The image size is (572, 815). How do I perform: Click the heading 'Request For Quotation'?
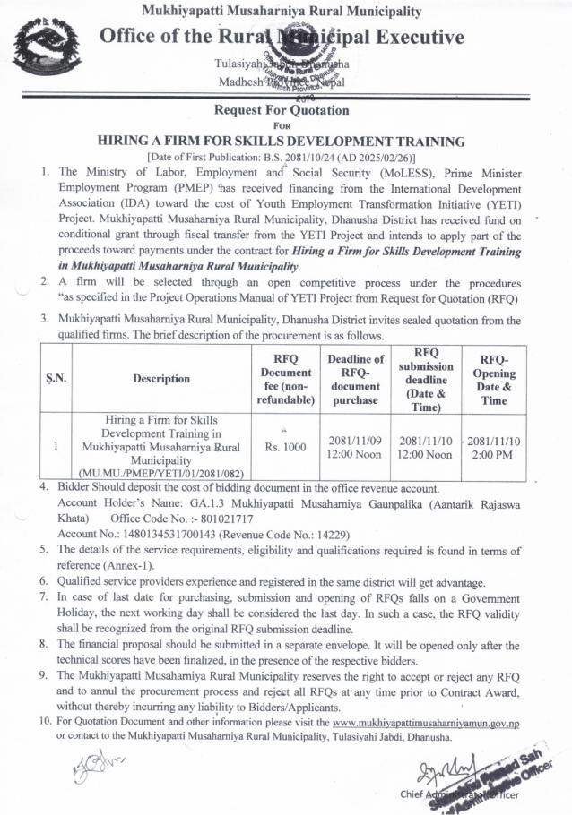[285, 111]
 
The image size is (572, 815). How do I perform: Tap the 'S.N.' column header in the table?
[56, 378]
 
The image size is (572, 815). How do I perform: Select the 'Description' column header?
[161, 378]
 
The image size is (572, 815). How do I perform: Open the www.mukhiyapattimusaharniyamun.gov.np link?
[426, 722]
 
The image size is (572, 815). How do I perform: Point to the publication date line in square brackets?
[285, 156]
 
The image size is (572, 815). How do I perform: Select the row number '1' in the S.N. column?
[56, 445]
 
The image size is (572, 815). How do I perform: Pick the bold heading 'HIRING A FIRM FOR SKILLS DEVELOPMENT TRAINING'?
[285, 141]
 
